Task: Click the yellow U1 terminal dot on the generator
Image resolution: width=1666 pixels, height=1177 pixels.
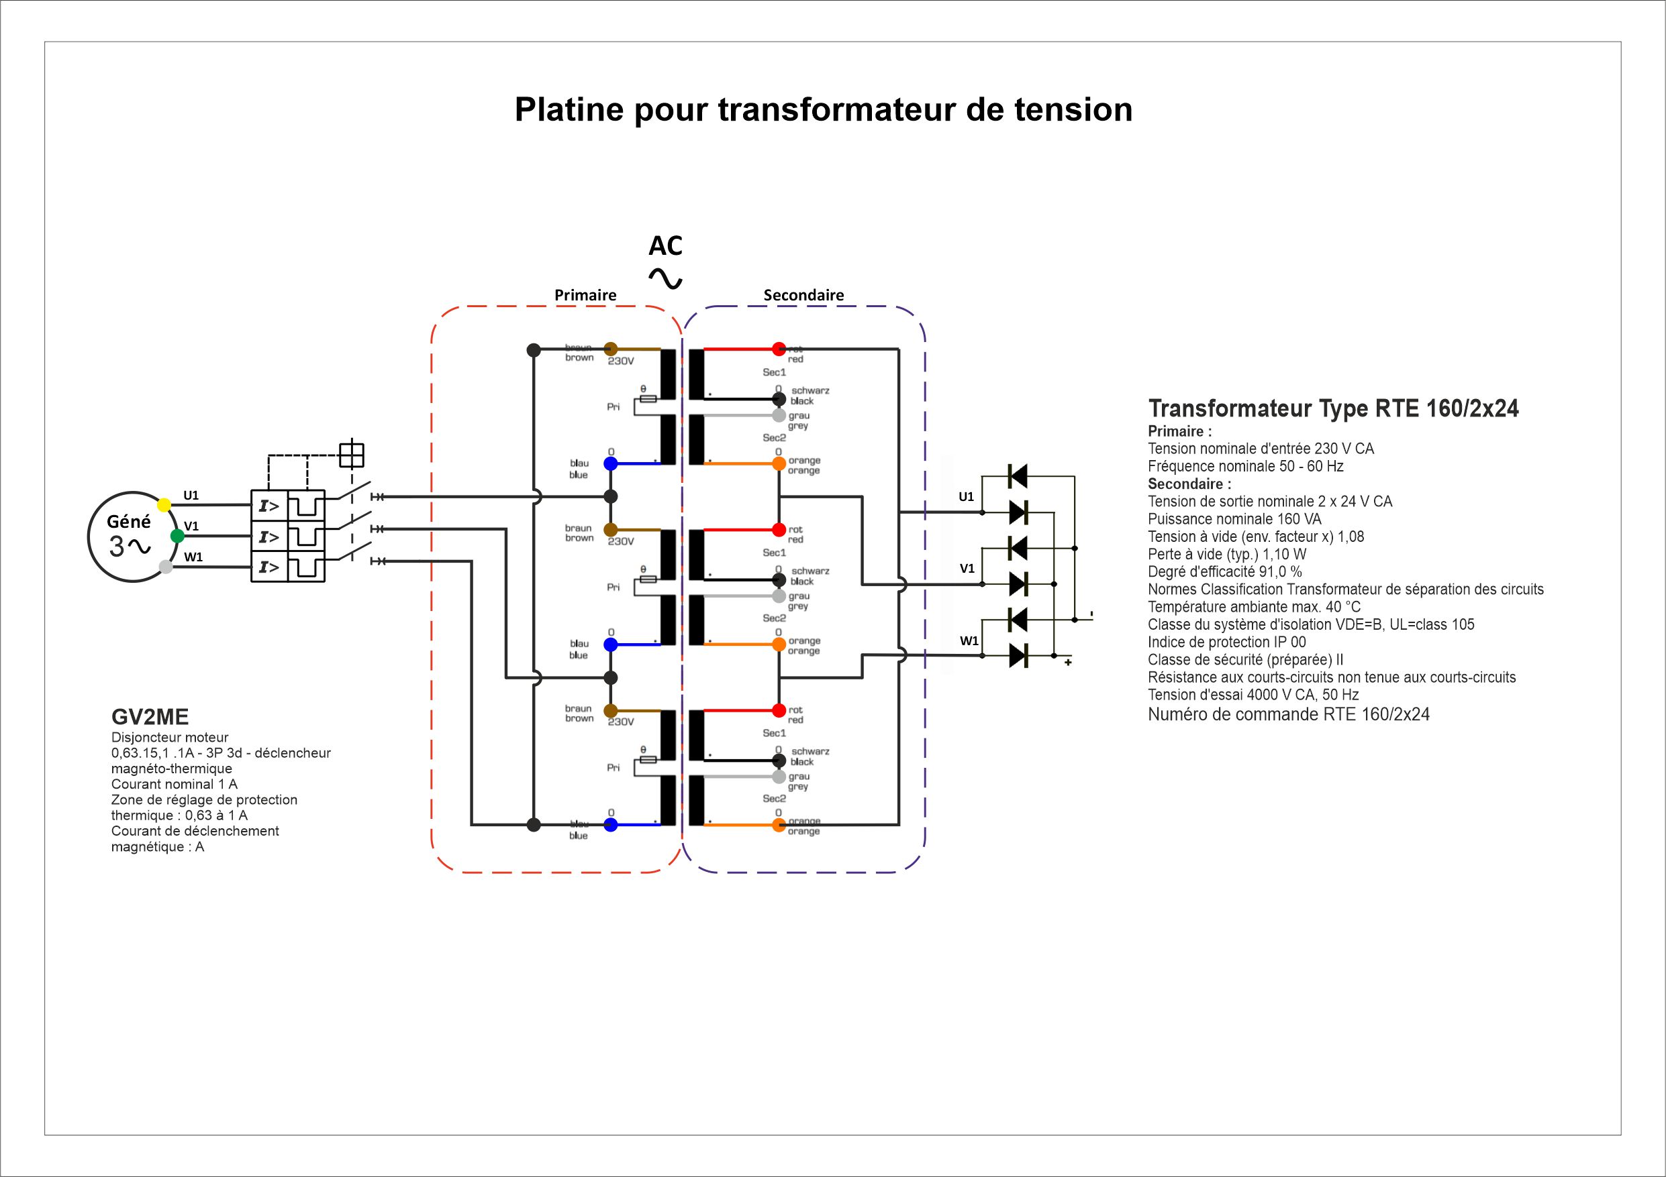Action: (x=164, y=505)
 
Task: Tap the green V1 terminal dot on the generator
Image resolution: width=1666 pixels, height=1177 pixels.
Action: (x=177, y=536)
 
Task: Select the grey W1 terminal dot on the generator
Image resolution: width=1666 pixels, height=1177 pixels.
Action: (x=165, y=567)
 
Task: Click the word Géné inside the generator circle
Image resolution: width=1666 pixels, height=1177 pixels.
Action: (x=128, y=521)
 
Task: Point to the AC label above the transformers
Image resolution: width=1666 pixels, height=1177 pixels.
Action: (x=665, y=247)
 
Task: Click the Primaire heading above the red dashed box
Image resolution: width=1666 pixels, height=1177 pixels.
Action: (x=585, y=295)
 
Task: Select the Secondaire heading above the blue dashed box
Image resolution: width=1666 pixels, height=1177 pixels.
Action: (x=803, y=295)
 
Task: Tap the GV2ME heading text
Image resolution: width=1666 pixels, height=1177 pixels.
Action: (x=150, y=717)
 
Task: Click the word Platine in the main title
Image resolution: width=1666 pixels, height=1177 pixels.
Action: (x=569, y=109)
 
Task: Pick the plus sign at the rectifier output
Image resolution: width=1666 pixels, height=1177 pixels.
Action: (x=1068, y=662)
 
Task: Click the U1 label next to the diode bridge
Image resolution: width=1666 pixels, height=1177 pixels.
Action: (x=966, y=497)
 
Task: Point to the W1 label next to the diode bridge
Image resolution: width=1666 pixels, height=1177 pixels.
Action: (x=969, y=641)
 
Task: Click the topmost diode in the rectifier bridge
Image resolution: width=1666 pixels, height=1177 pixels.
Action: (x=1018, y=476)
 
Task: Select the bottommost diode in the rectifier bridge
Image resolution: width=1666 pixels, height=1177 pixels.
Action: (x=1018, y=656)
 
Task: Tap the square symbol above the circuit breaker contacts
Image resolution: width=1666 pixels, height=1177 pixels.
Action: (x=351, y=455)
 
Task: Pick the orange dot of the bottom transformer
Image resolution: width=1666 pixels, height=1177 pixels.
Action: (x=779, y=824)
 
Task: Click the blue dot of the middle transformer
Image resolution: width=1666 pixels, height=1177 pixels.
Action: (x=611, y=644)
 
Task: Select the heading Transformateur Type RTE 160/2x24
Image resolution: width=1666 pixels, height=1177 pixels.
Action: (x=1333, y=409)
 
